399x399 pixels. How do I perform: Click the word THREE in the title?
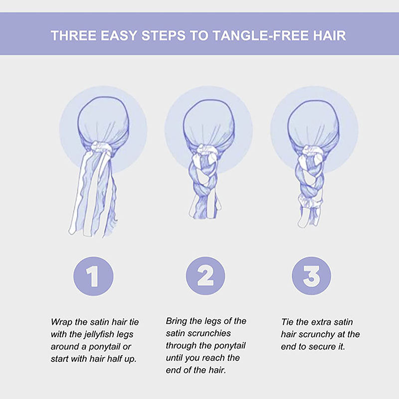click(73, 35)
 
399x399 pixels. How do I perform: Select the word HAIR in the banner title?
click(329, 35)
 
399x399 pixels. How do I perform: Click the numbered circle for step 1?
click(93, 276)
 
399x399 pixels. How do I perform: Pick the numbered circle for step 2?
click(205, 276)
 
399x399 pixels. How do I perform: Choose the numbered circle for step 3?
click(311, 276)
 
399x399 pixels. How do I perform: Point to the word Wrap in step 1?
click(62, 323)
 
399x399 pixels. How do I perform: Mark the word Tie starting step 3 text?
click(287, 322)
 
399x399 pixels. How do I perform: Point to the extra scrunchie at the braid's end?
click(310, 201)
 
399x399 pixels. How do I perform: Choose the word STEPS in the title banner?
click(164, 35)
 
